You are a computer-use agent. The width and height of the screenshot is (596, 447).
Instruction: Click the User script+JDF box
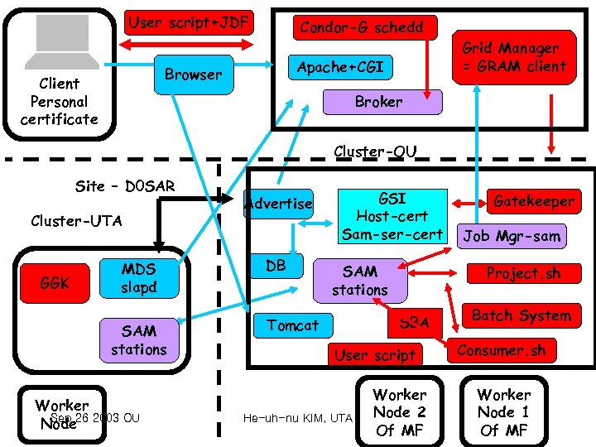tap(188, 23)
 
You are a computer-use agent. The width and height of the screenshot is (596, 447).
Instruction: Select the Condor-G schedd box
tap(361, 27)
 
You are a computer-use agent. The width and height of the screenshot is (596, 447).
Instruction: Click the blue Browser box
tap(193, 74)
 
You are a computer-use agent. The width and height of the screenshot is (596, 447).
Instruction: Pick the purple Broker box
tap(378, 103)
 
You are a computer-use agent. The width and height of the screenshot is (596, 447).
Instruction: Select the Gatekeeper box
tap(532, 201)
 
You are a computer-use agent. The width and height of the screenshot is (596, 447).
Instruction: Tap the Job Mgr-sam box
tap(511, 236)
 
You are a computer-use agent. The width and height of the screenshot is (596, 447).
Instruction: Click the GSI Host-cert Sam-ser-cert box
tap(392, 217)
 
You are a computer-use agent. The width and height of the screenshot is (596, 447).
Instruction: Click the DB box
tap(276, 265)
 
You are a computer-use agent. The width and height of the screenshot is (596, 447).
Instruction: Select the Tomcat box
tap(292, 325)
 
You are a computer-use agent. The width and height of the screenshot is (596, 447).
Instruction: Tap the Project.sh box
tap(521, 273)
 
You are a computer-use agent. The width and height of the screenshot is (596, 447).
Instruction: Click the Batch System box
tap(521, 315)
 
